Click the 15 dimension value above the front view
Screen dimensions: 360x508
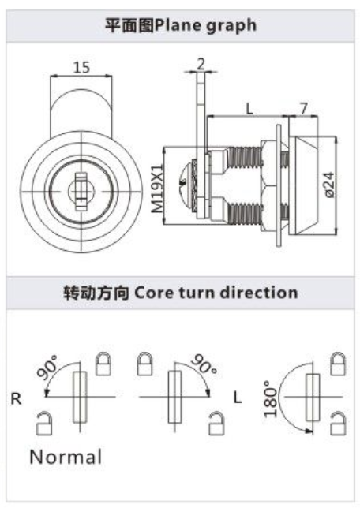pos(81,67)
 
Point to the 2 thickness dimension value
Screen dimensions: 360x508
pos(201,64)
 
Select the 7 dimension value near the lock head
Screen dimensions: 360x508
pos(303,108)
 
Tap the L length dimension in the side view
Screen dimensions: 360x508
pos(249,109)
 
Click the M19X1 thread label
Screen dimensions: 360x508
pos(158,189)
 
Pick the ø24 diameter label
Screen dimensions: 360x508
pos(329,185)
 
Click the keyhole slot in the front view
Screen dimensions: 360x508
pos(81,192)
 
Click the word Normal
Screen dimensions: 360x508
pos(66,457)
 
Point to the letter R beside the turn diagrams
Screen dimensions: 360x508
pos(16,398)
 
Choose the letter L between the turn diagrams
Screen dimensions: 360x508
pos(238,398)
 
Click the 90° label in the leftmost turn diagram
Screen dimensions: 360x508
pos(47,367)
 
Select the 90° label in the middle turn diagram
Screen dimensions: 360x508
pos(204,364)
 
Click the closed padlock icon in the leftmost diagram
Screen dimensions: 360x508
pos(103,364)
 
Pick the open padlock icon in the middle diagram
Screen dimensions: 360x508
pos(216,423)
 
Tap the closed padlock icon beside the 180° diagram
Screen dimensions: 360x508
pos(338,364)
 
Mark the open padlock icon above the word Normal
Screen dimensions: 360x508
pos(44,423)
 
